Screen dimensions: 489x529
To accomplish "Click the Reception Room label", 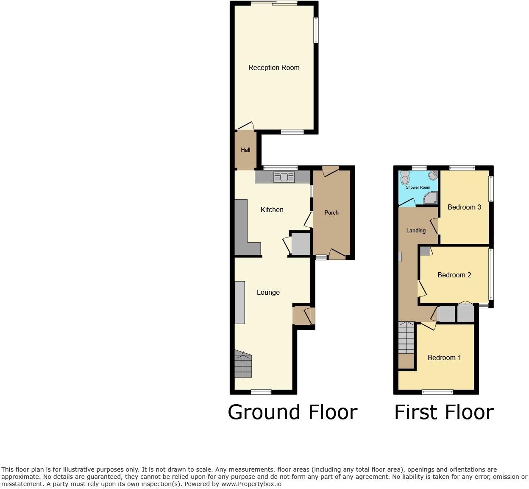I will [274, 68].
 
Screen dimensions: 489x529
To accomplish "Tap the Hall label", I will [245, 150].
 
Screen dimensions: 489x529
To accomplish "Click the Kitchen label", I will [272, 210].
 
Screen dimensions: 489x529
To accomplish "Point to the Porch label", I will [331, 212].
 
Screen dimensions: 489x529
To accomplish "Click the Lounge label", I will [268, 292].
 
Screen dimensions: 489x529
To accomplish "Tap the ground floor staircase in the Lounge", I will [243, 364].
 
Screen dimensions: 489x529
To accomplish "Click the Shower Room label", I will [418, 187].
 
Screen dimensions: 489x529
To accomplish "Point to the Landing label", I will [416, 231].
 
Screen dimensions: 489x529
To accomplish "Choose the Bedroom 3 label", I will [464, 207].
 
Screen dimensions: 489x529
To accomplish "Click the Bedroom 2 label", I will [454, 275].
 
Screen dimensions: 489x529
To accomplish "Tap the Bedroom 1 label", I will [444, 358].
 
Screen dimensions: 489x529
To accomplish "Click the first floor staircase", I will [406, 338].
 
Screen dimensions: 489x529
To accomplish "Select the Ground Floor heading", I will [292, 412].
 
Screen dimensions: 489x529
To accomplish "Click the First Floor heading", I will [444, 412].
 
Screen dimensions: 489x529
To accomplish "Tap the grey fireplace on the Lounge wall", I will [239, 302].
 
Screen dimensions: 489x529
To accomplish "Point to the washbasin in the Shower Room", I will [433, 175].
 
